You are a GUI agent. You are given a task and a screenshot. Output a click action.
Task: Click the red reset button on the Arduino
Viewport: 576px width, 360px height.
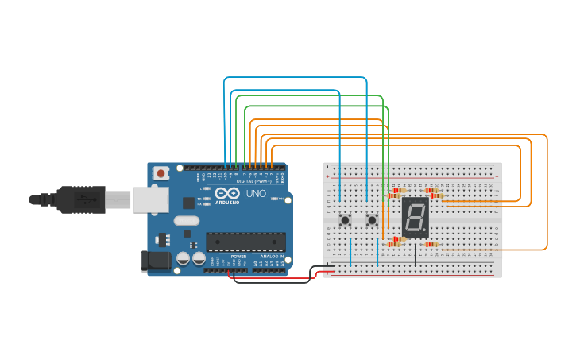point(161,172)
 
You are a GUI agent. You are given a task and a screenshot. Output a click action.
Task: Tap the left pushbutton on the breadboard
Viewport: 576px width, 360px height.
point(345,219)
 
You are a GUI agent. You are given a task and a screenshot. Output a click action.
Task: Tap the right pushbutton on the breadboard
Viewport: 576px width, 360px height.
point(372,219)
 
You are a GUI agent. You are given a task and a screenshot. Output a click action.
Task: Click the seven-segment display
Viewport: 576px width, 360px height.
point(416,215)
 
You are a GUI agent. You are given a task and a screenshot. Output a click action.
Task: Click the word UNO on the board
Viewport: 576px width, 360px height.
point(256,193)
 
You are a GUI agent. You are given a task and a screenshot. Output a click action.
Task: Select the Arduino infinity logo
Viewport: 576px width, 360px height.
point(226,193)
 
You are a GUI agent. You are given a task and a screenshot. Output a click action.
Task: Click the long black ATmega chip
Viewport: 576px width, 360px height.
point(245,242)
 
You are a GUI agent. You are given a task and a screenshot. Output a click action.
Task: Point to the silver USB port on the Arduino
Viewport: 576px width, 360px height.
point(150,199)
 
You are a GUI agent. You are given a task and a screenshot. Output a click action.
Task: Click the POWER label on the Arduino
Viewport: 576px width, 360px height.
point(238,257)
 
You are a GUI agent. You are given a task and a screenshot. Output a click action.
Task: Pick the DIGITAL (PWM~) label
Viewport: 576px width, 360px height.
point(253,181)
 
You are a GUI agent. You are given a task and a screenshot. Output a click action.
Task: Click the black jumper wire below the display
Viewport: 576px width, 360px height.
point(415,255)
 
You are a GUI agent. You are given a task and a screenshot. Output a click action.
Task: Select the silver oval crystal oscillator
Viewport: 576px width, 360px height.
point(185,221)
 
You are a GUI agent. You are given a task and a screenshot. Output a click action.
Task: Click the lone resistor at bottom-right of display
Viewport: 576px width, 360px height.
point(431,244)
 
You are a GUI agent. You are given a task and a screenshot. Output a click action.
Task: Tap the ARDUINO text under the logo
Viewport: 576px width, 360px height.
point(226,203)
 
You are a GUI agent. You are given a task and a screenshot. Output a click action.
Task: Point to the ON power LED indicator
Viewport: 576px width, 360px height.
point(275,199)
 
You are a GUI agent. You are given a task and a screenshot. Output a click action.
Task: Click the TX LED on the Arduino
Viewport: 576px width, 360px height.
point(207,198)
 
